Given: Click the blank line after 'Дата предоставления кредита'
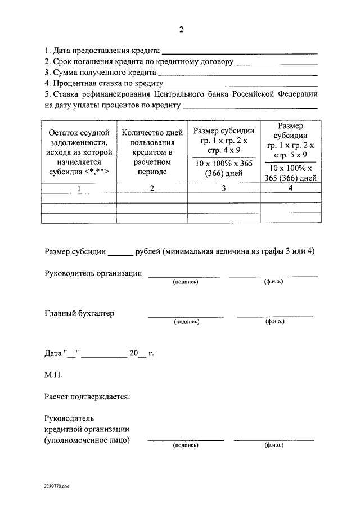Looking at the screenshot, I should point(240,52).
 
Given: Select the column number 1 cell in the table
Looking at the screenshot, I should point(79,188).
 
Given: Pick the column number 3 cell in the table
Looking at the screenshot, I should point(223,188).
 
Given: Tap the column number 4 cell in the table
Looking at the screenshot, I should point(290,188).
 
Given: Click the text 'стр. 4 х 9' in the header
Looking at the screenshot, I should point(223,151).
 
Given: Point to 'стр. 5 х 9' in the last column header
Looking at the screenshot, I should point(290,154).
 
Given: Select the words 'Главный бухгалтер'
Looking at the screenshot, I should point(79,314).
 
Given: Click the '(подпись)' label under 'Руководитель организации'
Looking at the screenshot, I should point(185,282).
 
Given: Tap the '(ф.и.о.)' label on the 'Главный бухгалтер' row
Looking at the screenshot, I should point(274,322).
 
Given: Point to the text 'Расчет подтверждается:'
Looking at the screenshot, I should point(87,397).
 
